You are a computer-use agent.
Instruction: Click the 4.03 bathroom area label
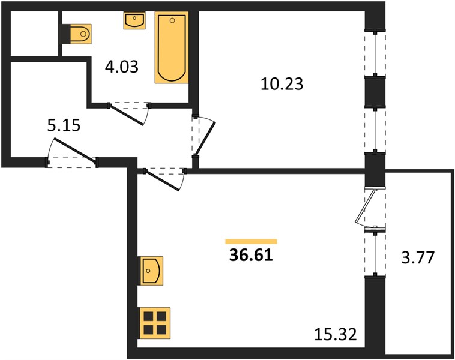(x=122, y=67)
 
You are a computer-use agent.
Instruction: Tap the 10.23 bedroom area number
(x=282, y=84)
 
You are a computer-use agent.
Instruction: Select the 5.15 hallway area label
(x=64, y=125)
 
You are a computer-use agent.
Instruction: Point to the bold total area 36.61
(x=251, y=256)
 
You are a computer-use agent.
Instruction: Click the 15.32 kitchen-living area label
(x=336, y=334)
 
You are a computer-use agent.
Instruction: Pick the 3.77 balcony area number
(x=418, y=257)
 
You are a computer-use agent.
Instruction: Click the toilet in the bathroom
(x=81, y=34)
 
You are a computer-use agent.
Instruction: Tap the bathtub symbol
(x=172, y=47)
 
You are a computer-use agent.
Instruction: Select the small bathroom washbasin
(x=134, y=20)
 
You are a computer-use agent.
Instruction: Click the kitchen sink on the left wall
(x=151, y=271)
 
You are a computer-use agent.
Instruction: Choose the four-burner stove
(x=155, y=323)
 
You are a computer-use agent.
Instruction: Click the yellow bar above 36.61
(x=251, y=241)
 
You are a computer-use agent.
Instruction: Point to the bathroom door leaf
(x=127, y=115)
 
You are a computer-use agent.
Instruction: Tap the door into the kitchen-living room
(x=162, y=181)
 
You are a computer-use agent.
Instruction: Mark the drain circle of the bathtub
(x=172, y=20)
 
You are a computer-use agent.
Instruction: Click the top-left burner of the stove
(x=148, y=316)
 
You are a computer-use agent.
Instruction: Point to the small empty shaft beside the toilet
(x=34, y=34)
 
